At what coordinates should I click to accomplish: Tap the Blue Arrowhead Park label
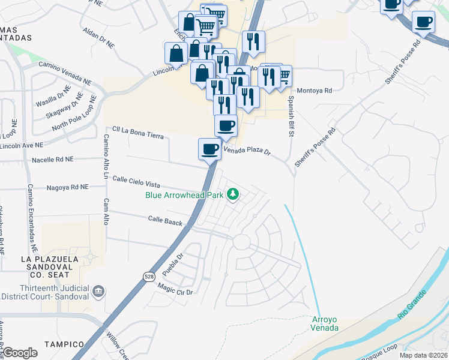(184, 194)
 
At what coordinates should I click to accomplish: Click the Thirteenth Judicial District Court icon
(98, 293)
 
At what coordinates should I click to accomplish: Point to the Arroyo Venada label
(325, 323)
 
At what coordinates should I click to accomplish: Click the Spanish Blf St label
(291, 116)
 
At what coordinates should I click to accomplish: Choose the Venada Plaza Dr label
(247, 151)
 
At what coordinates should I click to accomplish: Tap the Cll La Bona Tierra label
(138, 133)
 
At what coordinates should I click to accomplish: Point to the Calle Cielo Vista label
(137, 181)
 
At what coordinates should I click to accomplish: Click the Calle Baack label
(165, 221)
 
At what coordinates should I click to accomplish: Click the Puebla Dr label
(172, 262)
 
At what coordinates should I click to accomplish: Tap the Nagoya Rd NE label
(68, 187)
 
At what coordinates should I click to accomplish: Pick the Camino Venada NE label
(65, 71)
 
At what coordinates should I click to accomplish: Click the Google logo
(20, 353)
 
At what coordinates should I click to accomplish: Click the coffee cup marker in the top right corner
(424, 23)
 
